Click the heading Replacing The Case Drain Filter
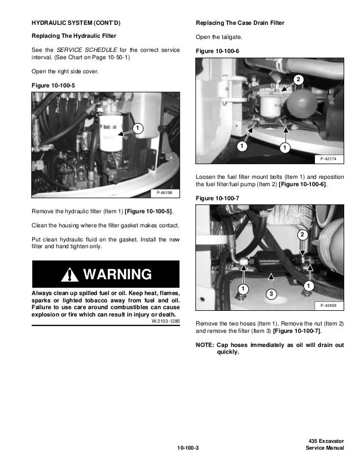[240, 23]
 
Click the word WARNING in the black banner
[117, 275]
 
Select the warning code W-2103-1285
[165, 321]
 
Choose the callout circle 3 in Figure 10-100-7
[271, 294]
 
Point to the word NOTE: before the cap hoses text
[204, 345]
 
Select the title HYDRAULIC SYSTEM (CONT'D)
[76, 23]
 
